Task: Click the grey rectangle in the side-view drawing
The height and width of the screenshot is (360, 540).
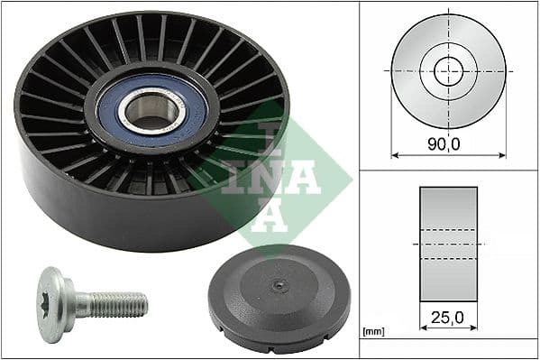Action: pos(448,243)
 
